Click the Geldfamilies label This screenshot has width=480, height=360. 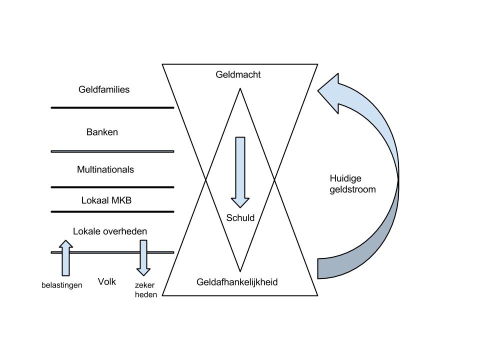104,90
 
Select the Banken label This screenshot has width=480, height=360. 102,132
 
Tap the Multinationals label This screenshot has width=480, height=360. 105,170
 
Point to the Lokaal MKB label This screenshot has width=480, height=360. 106,200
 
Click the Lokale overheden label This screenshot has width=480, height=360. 110,232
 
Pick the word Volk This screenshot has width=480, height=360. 107,282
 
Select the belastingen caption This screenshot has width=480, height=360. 61,285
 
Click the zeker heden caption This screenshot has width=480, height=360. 145,290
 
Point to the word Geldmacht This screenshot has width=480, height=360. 238,75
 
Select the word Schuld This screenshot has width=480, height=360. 240,218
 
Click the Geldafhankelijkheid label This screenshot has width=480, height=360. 237,282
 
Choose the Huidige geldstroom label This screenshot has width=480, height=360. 352,184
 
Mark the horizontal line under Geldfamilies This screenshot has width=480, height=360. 112,107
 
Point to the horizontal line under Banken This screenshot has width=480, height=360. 112,151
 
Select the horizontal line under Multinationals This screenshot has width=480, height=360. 112,187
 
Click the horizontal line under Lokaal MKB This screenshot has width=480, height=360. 112,212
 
